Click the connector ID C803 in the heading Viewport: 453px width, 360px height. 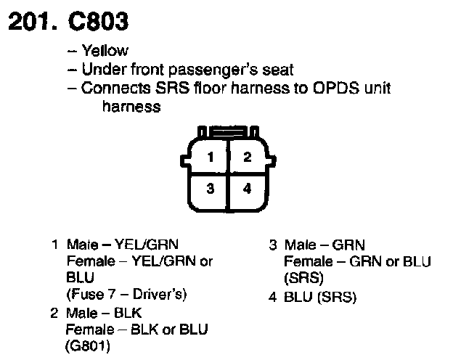pos(98,22)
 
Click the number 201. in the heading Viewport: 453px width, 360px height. pos(33,22)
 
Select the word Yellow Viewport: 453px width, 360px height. pos(105,50)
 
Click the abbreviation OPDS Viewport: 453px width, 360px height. pos(336,88)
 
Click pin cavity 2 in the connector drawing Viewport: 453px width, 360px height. pos(248,157)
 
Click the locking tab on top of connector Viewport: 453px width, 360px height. pos(228,131)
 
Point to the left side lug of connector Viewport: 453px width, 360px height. pos(185,160)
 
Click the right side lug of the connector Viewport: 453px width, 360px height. pos(272,160)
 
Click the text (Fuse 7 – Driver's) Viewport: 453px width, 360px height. pos(126,295)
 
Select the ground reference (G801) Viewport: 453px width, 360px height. pos(88,345)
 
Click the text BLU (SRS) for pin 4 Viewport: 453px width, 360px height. pos(320,298)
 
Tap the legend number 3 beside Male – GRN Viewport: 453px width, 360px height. pos(273,245)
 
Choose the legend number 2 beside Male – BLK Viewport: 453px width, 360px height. pos(54,314)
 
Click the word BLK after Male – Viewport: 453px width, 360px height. pos(128,314)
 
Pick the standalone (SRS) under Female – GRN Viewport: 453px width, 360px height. pos(303,278)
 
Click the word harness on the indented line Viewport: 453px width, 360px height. pos(131,106)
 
